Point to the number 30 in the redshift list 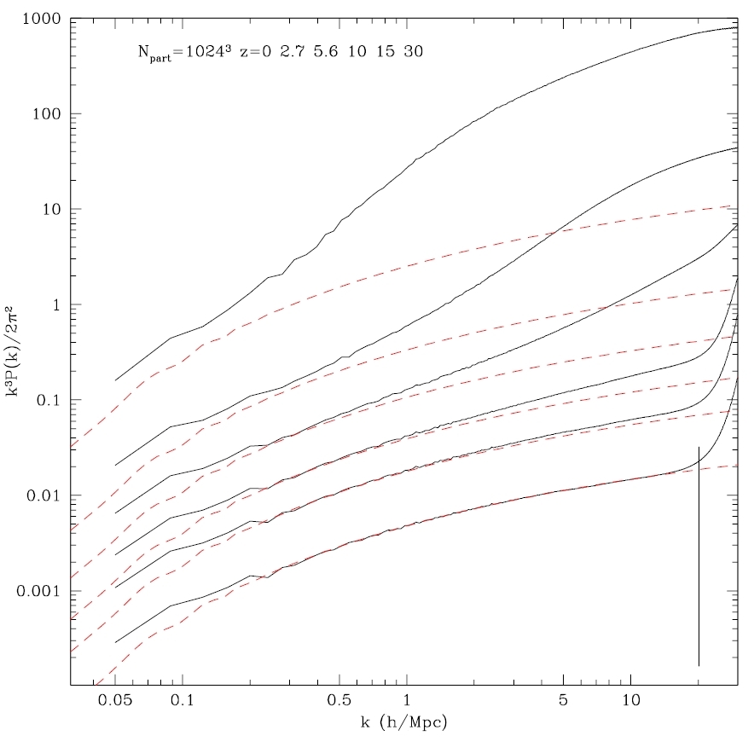[414, 50]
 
